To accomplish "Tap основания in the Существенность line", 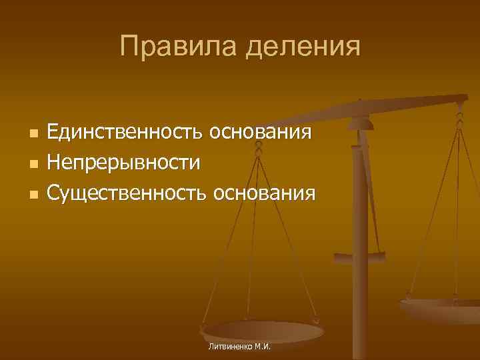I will [263, 193].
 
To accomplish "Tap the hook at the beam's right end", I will [460, 107].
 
